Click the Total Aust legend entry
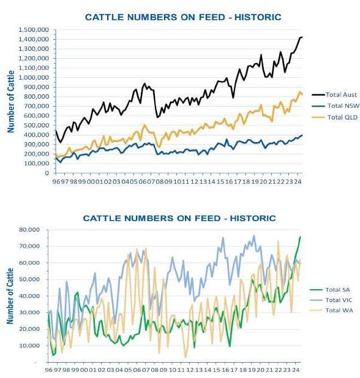334,95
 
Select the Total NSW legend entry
335,106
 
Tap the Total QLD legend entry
334,118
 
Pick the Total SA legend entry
329,290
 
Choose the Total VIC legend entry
331,300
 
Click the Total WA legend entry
331,311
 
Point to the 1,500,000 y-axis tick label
34,30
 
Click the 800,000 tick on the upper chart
37,97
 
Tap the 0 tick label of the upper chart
47,173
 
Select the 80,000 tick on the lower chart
29,230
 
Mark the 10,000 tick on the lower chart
29,346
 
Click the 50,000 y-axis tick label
29,279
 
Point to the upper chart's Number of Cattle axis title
10,102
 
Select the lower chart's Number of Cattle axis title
10,296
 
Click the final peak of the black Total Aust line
302,37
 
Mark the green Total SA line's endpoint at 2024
300,236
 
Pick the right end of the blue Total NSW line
302,135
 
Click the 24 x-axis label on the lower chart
296,370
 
